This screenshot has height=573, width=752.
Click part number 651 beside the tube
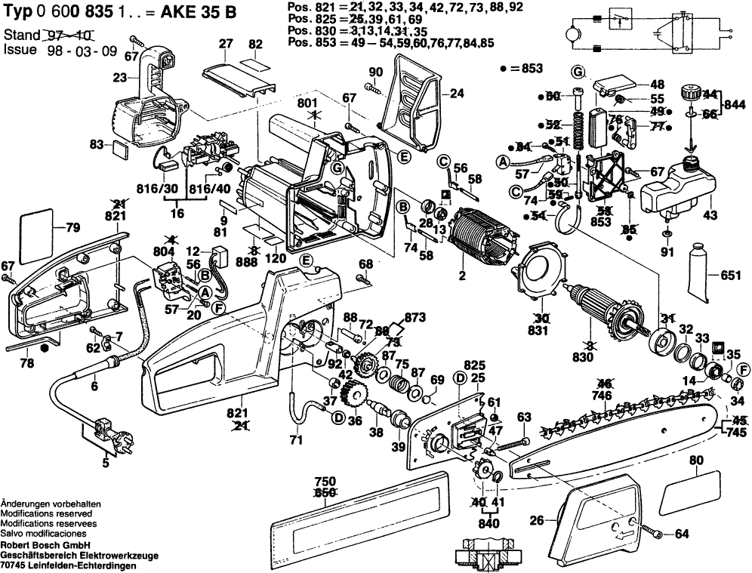click(x=731, y=276)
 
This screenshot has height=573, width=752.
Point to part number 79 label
click(x=72, y=228)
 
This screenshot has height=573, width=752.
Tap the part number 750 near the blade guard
click(x=324, y=481)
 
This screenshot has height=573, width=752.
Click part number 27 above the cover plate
click(x=225, y=45)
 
